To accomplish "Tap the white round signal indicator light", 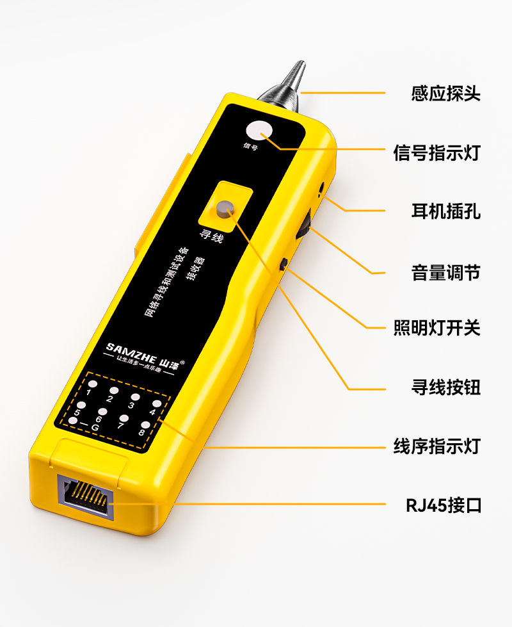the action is pyautogui.click(x=259, y=131).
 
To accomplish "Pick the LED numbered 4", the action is pyautogui.click(x=157, y=404).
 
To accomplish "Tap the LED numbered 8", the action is pyautogui.click(x=145, y=425).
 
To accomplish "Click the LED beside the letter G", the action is pyautogui.click(x=73, y=421).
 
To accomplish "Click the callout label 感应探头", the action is pyautogui.click(x=445, y=93).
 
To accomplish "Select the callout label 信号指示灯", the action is pyautogui.click(x=437, y=152).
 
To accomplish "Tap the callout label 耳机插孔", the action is pyautogui.click(x=445, y=211).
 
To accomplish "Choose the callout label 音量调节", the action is pyautogui.click(x=445, y=273).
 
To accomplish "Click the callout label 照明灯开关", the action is pyautogui.click(x=437, y=327).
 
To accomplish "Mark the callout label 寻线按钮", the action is pyautogui.click(x=445, y=387).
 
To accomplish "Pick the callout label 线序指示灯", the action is pyautogui.click(x=437, y=446).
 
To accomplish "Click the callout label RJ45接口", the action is pyautogui.click(x=444, y=505).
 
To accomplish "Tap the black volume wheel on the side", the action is pyautogui.click(x=304, y=227).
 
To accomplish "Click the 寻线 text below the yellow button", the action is pyautogui.click(x=211, y=236).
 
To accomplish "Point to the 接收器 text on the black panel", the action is pyautogui.click(x=196, y=268).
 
